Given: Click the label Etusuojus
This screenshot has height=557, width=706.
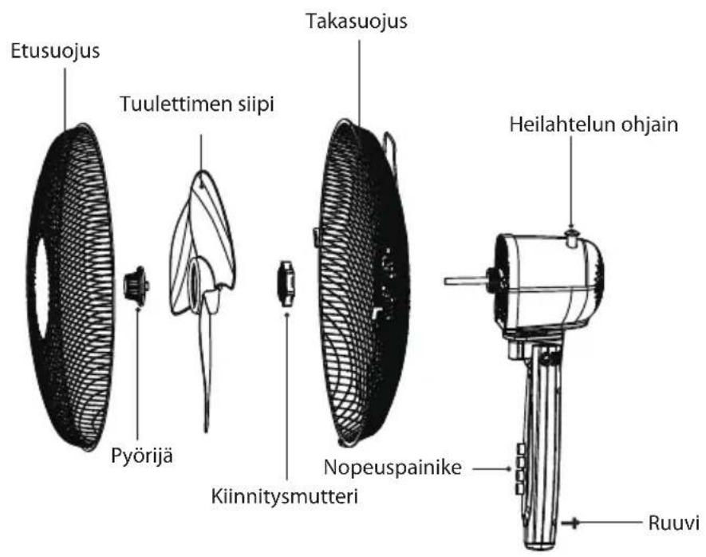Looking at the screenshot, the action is pos(55,51).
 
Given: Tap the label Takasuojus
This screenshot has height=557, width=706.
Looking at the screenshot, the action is pos(357,22).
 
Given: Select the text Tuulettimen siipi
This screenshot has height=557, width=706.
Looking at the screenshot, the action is pos(197,105).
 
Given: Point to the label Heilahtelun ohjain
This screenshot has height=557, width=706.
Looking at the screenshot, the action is pos(594,124).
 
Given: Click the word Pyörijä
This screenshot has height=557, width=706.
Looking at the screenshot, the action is pos(142,456).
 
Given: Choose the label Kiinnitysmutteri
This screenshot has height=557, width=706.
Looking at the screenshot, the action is pos(285,496).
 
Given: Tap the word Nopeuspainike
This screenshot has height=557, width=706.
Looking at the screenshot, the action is pos(392,468).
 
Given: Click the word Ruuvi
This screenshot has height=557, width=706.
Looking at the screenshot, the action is pos(673,523).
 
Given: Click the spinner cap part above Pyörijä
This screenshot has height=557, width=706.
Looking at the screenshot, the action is pos(136,286).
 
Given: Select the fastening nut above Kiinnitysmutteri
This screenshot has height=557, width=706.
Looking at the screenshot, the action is pos(286,283).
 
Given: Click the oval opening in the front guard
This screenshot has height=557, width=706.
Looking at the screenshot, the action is pos(42,289).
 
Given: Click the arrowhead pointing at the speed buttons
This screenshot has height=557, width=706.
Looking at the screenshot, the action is pos(509,469).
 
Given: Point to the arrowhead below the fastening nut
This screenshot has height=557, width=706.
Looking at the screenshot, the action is pos(286,314).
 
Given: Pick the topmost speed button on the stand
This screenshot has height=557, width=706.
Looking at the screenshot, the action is pos(521,448).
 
